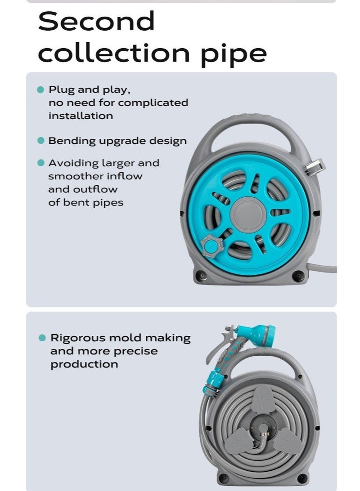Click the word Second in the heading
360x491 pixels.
click(96, 22)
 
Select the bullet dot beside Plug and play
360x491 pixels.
click(40, 89)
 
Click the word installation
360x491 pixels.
click(81, 116)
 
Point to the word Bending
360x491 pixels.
click(72, 141)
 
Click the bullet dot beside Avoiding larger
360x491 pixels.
click(40, 163)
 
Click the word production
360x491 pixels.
click(84, 364)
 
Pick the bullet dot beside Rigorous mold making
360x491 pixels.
click(42, 338)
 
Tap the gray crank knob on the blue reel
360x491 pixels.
click(209, 246)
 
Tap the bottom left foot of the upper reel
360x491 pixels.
click(201, 275)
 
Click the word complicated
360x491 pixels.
click(153, 103)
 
